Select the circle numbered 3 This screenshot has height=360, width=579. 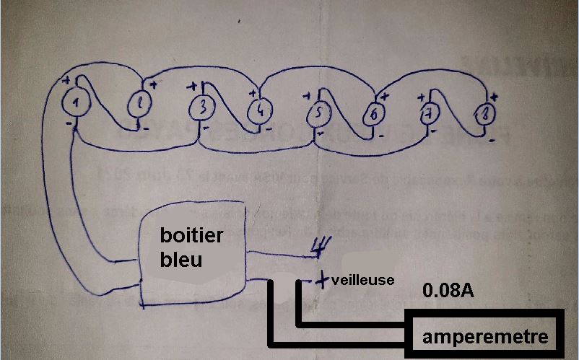click(x=203, y=108)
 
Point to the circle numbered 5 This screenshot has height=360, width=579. click(x=318, y=114)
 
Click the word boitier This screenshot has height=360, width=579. click(x=191, y=237)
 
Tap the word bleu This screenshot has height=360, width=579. click(x=180, y=259)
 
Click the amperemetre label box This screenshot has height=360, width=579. click(x=485, y=336)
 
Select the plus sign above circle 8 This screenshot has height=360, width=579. click(x=494, y=96)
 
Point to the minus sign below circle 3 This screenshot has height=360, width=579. click(x=205, y=128)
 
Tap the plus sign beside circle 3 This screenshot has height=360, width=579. click(x=193, y=86)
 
